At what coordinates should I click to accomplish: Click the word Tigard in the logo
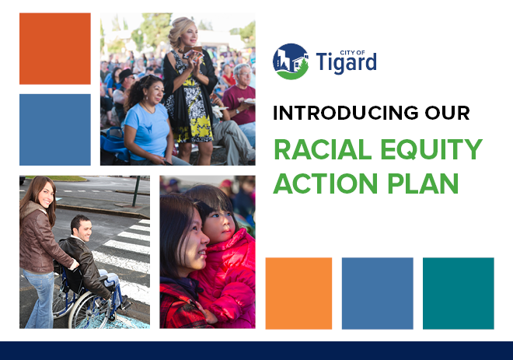click(347, 62)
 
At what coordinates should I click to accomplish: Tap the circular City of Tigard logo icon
click(291, 61)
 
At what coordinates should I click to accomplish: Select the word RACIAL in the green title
click(320, 150)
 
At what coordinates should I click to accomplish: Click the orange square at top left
click(54, 48)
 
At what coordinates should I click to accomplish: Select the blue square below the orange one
click(54, 129)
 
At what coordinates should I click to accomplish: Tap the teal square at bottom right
click(458, 293)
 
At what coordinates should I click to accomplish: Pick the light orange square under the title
click(298, 293)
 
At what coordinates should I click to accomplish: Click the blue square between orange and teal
click(377, 293)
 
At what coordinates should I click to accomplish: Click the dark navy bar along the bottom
click(256, 350)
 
